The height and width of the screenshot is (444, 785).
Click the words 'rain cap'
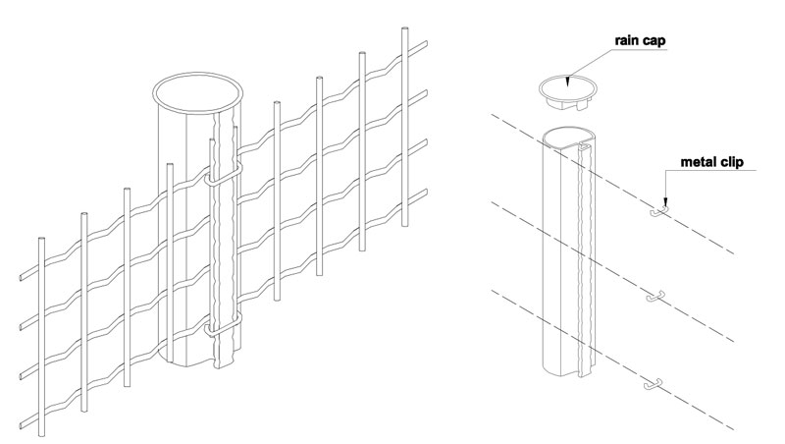[x=641, y=40]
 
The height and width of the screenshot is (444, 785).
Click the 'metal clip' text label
[x=712, y=162]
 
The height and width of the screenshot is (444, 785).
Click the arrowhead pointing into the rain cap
[x=568, y=82]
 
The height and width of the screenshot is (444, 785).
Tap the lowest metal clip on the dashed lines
[x=653, y=384]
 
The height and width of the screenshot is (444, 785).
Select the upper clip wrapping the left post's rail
[x=224, y=173]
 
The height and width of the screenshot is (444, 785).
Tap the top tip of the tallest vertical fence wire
[x=405, y=28]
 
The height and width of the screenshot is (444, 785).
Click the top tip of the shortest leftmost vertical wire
[x=41, y=239]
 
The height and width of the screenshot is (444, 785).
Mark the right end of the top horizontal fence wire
[x=426, y=43]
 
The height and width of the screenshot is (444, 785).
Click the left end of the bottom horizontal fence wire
[x=22, y=426]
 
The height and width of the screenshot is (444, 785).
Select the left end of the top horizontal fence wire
[x=22, y=277]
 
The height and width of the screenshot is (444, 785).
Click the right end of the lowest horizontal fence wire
[x=426, y=192]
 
